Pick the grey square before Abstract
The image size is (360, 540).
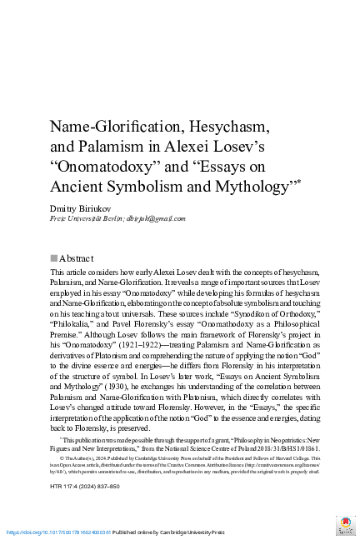pos(54,258)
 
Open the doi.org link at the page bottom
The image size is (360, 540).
pos(58,531)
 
